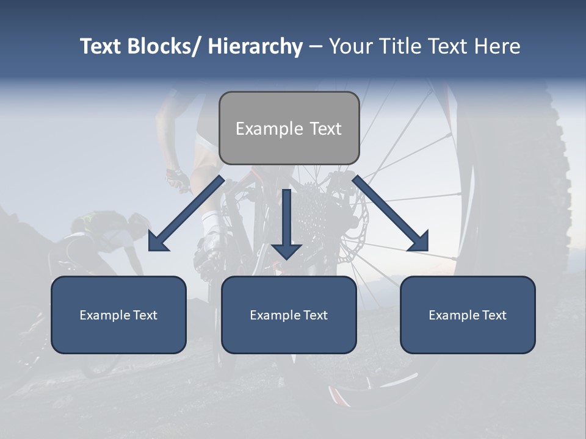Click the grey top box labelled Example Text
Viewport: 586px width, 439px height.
(x=289, y=128)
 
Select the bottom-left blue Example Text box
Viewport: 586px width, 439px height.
(x=118, y=315)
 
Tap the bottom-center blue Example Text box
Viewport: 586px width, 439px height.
(x=289, y=315)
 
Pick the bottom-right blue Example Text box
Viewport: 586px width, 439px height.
(x=468, y=315)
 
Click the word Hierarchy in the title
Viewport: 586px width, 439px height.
(x=255, y=46)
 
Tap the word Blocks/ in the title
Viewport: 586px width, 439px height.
(x=165, y=46)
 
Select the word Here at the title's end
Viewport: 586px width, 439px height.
(x=499, y=46)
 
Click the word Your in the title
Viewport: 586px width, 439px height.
(x=349, y=46)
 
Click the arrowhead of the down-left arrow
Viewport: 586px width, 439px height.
(x=158, y=241)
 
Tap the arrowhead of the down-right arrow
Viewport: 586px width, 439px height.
(x=418, y=241)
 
